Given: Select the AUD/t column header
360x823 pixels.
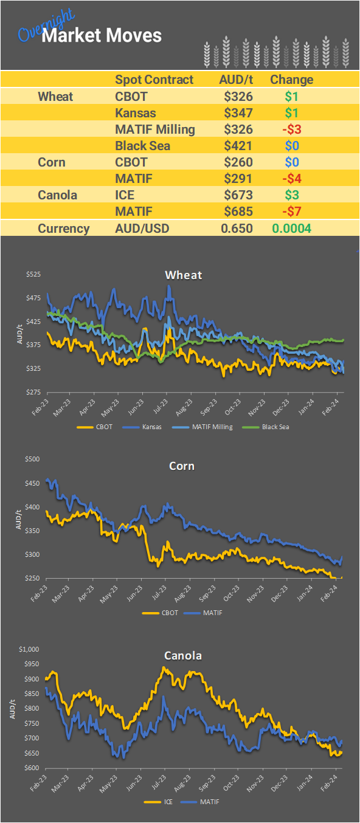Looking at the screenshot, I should click(236, 80).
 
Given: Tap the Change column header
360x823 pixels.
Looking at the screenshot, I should click(291, 80).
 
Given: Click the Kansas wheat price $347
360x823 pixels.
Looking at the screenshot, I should click(238, 113).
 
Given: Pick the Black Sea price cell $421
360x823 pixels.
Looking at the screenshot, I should click(238, 146).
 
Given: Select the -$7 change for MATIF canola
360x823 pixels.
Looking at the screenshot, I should click(291, 212).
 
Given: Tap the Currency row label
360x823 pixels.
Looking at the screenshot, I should click(63, 229).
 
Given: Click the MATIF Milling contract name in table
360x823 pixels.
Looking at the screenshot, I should click(154, 129).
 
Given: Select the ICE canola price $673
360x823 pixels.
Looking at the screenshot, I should click(238, 195).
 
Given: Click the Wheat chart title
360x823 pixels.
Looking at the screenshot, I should click(183, 275).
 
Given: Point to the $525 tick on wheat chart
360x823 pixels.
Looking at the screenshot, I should click(33, 275).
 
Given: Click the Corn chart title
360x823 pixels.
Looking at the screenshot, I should click(182, 466).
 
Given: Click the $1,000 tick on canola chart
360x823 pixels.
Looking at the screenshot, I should click(29, 649).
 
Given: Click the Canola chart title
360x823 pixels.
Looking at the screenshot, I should click(183, 655).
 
